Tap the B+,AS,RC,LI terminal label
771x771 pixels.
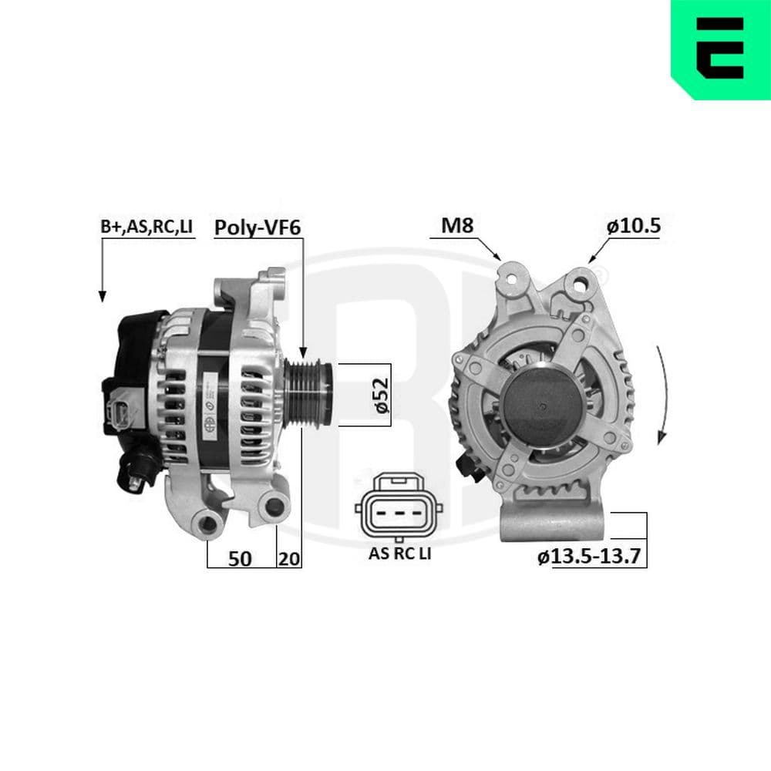[x=146, y=227]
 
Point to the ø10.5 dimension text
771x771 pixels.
[x=633, y=226]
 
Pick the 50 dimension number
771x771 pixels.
[x=241, y=559]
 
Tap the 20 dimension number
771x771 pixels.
[x=289, y=559]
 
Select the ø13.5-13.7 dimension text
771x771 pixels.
[x=590, y=557]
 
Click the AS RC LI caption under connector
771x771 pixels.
[x=399, y=553]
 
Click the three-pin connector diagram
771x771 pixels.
[x=399, y=509]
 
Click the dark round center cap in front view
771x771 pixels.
[x=543, y=406]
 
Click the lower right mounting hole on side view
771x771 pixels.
[x=271, y=507]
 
